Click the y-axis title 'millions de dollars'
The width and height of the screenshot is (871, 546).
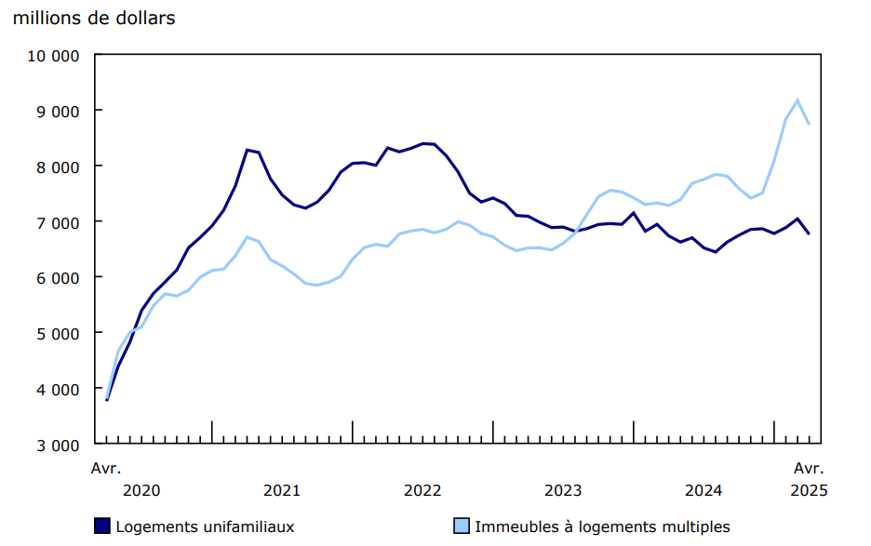point(94,19)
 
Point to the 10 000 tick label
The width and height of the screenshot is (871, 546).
point(53,55)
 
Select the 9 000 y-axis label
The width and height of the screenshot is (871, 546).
point(57,111)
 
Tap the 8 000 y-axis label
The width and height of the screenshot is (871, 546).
point(57,166)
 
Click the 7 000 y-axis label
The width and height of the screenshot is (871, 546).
point(57,222)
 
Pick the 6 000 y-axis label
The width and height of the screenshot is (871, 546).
point(57,277)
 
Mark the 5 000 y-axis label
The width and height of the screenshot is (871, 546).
point(57,333)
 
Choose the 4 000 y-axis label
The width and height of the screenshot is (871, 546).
point(57,389)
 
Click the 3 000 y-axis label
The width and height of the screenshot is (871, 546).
point(57,445)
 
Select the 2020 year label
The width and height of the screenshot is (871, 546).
point(141,490)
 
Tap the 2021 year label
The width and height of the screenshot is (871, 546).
point(282,490)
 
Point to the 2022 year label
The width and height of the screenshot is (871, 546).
point(422,490)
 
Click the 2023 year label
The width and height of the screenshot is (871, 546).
point(563,490)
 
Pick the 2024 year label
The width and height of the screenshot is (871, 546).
point(703,490)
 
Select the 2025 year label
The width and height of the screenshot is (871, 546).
point(808,490)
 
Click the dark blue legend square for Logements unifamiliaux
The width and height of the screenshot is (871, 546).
point(102,526)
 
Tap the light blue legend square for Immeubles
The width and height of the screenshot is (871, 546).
point(462,526)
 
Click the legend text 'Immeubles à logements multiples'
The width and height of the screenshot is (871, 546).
point(602,526)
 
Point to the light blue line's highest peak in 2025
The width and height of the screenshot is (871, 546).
point(797,100)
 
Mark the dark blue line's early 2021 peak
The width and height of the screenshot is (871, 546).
point(248,150)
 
